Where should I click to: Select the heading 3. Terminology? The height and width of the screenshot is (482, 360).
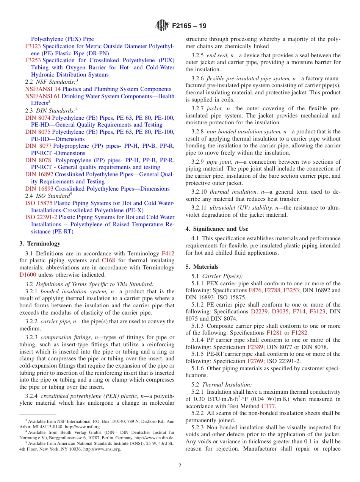[40, 244]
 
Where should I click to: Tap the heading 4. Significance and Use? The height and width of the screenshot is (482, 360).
[217, 229]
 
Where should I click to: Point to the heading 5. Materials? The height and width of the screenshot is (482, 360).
[202, 267]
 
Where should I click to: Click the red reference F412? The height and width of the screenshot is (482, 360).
[168, 254]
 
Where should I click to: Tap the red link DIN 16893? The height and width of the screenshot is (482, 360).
[39, 189]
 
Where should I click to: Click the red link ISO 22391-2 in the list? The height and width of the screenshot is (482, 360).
[41, 217]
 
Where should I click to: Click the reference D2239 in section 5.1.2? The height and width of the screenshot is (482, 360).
[259, 311]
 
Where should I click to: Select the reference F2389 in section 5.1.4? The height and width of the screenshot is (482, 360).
[256, 347]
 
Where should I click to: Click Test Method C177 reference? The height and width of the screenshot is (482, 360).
[269, 406]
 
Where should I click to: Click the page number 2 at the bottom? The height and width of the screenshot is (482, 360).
[180, 466]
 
